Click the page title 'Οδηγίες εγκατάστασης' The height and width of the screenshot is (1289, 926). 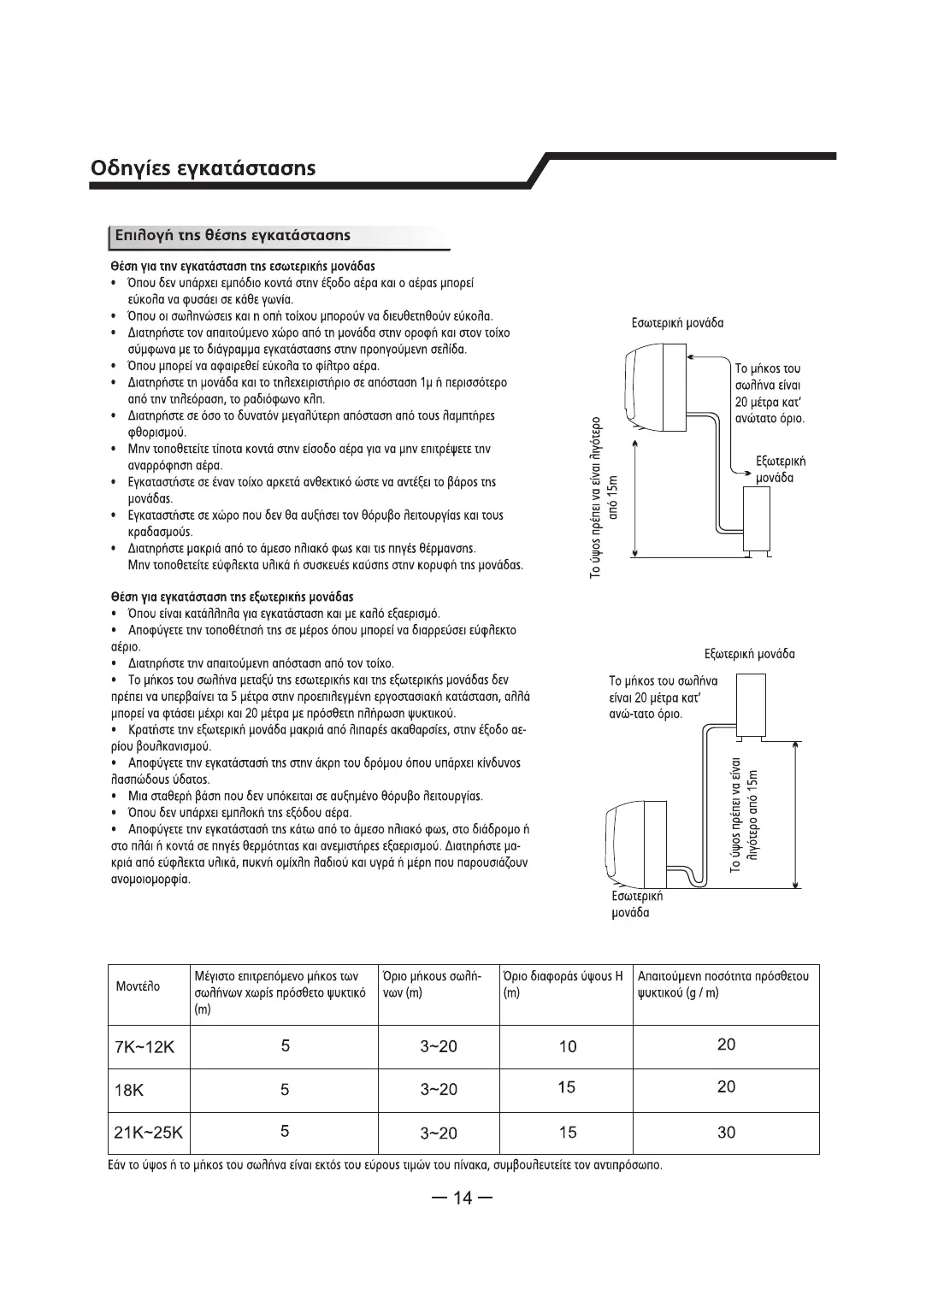(x=203, y=168)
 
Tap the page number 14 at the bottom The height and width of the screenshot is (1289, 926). (x=462, y=1198)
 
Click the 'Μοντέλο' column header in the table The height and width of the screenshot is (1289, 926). (x=138, y=986)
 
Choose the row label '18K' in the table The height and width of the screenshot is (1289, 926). (x=129, y=1091)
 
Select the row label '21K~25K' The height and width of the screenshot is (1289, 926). (x=149, y=1133)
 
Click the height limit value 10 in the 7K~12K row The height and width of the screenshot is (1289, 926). (x=567, y=1046)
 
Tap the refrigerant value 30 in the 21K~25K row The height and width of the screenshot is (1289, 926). (x=726, y=1133)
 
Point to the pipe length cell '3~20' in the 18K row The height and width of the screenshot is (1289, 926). (x=439, y=1090)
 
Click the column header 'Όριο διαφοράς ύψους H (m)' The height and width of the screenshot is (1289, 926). (x=563, y=985)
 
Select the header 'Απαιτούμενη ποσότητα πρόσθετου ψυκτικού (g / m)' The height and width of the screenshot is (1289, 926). (x=723, y=985)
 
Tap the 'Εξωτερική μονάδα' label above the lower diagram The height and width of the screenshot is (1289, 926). (x=749, y=654)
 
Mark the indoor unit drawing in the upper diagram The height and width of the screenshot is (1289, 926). (x=656, y=385)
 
